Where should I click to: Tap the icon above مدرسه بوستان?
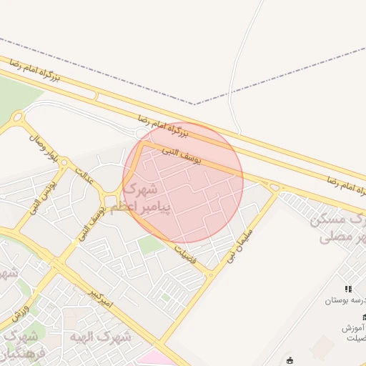(x=348, y=289)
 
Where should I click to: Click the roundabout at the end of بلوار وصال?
(x=17, y=117)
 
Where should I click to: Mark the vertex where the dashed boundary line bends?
(x=194, y=104)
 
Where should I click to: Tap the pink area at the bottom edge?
(x=154, y=357)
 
